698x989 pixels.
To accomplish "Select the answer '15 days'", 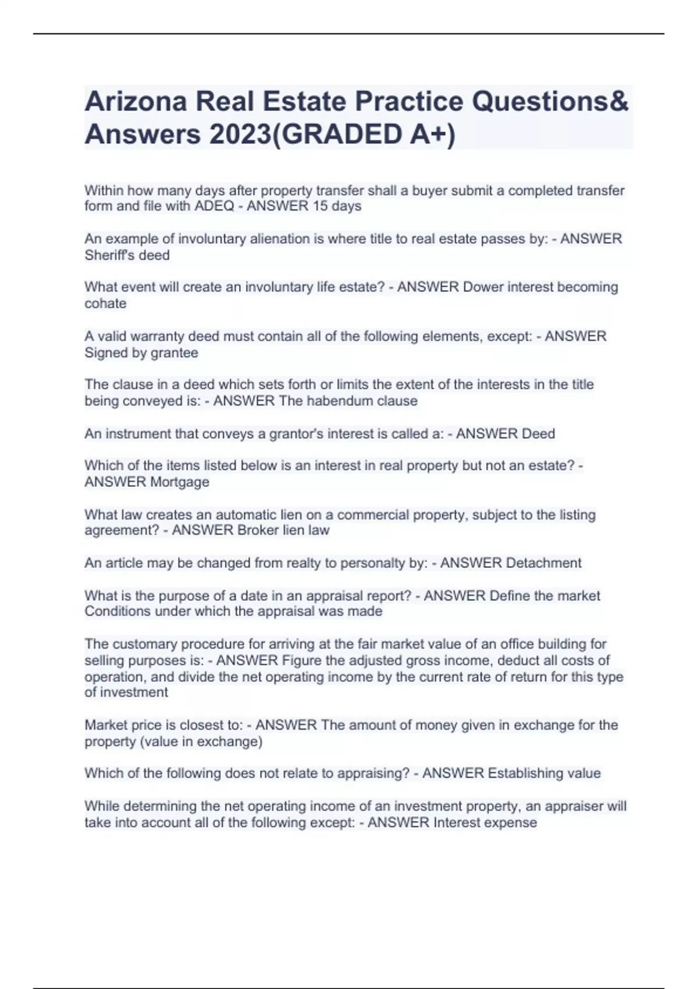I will coord(337,207).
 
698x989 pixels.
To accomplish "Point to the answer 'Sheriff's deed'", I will coord(127,255).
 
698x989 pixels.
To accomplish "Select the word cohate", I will coord(105,304).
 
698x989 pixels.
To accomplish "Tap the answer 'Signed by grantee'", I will coord(141,353).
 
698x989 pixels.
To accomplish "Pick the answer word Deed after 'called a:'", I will coord(538,434).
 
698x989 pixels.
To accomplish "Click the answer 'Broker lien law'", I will coord(283,531).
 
